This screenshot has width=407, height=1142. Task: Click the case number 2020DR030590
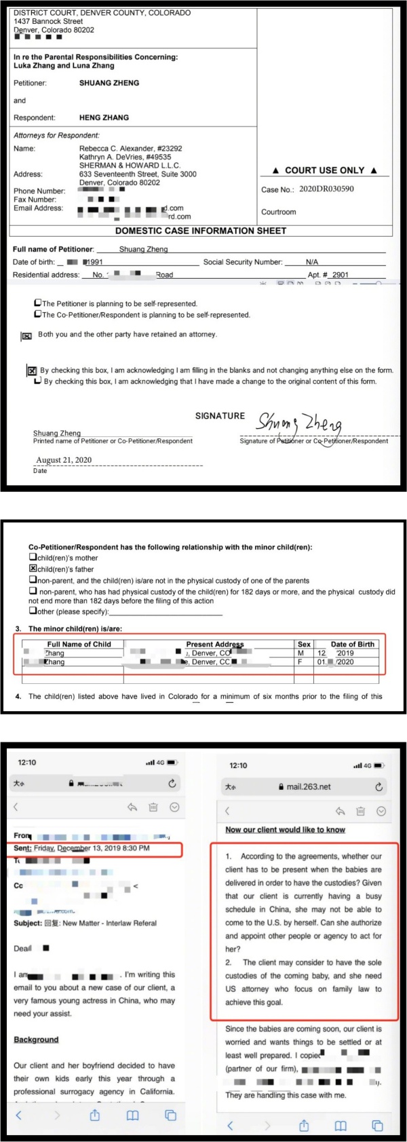tap(326, 189)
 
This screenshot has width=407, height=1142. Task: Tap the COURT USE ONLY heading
tap(324, 170)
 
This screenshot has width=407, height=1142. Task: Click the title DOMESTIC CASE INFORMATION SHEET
tap(201, 231)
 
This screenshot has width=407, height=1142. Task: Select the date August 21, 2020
tap(64, 460)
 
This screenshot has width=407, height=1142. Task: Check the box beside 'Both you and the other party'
tap(27, 335)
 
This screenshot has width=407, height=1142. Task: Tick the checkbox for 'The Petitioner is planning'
tap(38, 303)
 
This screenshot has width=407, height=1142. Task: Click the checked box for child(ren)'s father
tap(33, 569)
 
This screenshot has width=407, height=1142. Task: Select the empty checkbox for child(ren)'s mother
tap(33, 558)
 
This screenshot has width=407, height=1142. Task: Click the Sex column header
tap(304, 644)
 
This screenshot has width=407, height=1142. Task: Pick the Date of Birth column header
tap(352, 644)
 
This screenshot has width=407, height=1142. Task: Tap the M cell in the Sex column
tap(301, 653)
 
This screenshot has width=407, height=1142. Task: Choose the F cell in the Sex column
tap(301, 662)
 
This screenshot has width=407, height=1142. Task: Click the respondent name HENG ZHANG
tap(104, 117)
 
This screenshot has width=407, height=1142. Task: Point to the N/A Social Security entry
tap(312, 262)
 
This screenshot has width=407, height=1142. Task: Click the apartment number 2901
tap(340, 275)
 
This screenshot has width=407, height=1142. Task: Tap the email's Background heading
tap(36, 1040)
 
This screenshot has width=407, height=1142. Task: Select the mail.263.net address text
tap(309, 787)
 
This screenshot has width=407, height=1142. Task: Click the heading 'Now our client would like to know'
tap(285, 829)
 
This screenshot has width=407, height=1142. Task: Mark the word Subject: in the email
tap(28, 924)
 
